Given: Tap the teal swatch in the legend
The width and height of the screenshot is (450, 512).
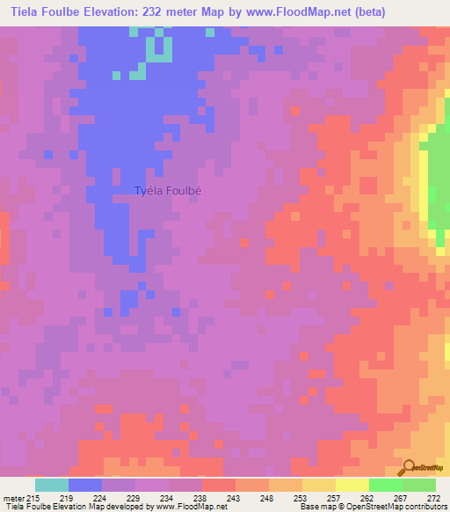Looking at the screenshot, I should [x=52, y=485].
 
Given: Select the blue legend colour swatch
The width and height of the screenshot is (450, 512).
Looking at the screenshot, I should [x=85, y=485].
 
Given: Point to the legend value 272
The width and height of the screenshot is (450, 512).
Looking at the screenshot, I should [x=432, y=497].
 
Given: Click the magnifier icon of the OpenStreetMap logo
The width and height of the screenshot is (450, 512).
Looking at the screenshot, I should [x=408, y=467].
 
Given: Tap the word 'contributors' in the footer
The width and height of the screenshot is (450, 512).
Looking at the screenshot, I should [x=423, y=507].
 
